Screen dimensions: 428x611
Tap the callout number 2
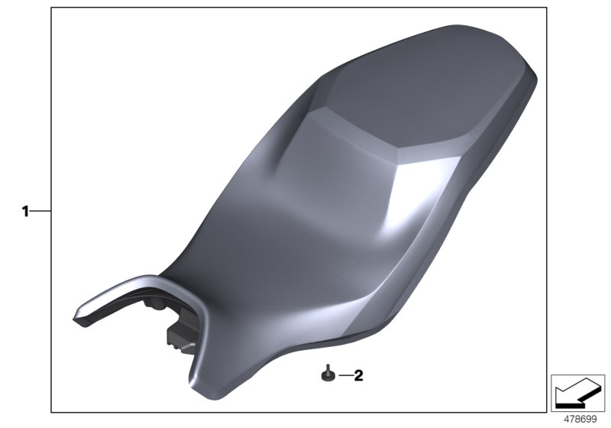359,375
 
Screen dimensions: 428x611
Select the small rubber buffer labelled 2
327,374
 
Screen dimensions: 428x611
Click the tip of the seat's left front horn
79,314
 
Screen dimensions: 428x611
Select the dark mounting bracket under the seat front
177,336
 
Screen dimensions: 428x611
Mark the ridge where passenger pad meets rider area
359,130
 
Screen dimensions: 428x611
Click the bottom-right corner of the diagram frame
547,413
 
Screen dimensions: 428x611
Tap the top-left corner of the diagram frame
52,8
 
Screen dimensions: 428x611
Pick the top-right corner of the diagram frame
547,8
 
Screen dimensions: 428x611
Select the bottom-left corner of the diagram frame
52,413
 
